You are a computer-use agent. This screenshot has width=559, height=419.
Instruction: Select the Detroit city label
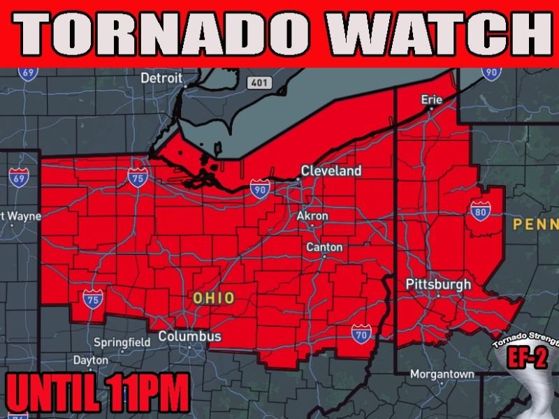point(161,78)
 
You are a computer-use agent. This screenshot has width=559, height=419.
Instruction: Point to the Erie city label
point(431,100)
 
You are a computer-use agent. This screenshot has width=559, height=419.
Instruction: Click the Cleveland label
point(331,171)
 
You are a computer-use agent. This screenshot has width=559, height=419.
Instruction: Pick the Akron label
point(312,216)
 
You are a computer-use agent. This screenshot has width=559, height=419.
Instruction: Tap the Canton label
point(324,247)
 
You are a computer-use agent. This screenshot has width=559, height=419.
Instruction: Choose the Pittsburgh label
point(438,285)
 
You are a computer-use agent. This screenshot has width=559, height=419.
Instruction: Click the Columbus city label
point(189,337)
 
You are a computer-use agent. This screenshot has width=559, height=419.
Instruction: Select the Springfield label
point(122,342)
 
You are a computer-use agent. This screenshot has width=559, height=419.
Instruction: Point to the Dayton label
point(91,360)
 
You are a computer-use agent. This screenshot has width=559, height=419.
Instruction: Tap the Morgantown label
point(442,374)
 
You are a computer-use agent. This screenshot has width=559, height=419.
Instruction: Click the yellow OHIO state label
point(214,298)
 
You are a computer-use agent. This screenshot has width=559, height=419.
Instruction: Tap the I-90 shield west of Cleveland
point(259,188)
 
